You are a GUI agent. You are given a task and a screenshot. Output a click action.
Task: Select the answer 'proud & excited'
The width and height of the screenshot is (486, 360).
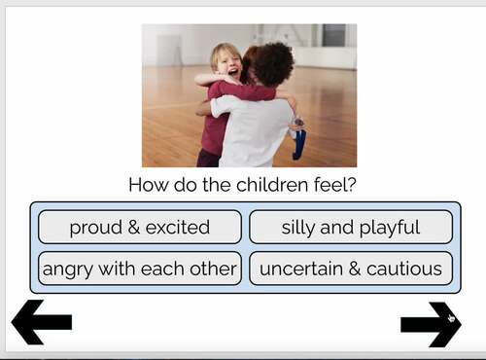[139, 228]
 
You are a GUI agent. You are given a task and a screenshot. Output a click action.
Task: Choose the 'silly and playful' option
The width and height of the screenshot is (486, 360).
[351, 228]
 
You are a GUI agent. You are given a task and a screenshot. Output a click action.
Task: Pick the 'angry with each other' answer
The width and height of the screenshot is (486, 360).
[139, 269]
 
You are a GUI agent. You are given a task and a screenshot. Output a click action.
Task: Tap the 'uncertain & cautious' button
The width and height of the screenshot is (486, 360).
[351, 269]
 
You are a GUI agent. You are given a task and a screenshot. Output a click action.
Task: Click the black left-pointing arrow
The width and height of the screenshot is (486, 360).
[41, 323]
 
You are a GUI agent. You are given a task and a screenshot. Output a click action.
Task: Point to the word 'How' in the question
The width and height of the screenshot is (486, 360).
[147, 185]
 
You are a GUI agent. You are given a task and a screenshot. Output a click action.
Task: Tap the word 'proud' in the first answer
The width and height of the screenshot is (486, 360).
[94, 228]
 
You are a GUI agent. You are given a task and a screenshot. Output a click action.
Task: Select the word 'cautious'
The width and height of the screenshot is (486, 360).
[402, 269]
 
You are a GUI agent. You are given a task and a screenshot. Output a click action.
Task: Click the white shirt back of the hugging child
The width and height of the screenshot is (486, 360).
[255, 131]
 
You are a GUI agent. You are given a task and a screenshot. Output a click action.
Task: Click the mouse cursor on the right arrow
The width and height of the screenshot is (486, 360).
[451, 316]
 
